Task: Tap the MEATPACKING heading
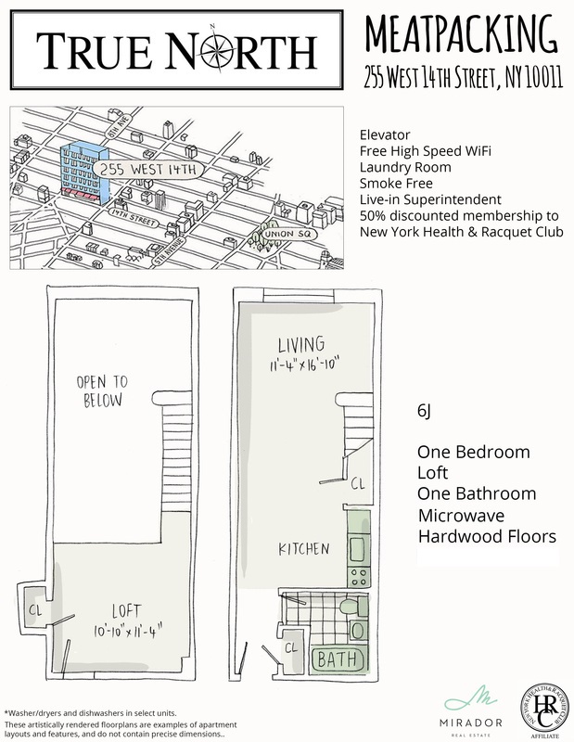(x=461, y=34)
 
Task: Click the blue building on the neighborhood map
(x=85, y=173)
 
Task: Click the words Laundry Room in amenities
(x=405, y=167)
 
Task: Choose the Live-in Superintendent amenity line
(x=430, y=199)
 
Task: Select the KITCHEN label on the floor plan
(x=304, y=549)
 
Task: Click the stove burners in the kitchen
(x=358, y=576)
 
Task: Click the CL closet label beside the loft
(x=33, y=610)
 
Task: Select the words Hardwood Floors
(x=487, y=536)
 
